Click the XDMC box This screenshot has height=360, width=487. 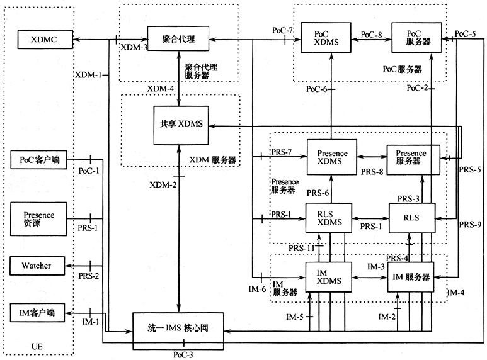pyautogui.click(x=43, y=39)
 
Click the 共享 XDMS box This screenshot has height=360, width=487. pyautogui.click(x=181, y=124)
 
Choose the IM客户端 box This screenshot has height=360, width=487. pyautogui.click(x=40, y=312)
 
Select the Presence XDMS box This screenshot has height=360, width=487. pyautogui.click(x=331, y=157)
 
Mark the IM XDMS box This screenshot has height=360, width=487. pyautogui.click(x=331, y=275)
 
